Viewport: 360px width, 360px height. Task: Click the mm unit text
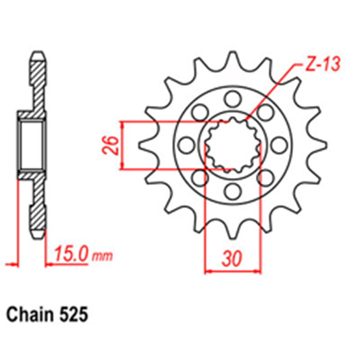click(102, 257)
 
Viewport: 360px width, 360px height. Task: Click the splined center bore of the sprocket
click(232, 145)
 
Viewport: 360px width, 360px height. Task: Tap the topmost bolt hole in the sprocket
click(233, 98)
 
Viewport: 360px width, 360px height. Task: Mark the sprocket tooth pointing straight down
click(233, 234)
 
